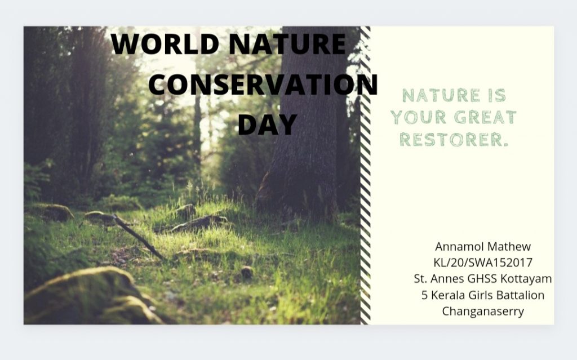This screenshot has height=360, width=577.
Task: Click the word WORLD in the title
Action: click(x=165, y=44)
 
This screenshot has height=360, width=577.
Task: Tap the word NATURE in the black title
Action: click(x=287, y=44)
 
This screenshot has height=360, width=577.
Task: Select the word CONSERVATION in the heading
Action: click(x=263, y=85)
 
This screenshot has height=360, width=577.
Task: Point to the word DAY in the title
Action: click(x=268, y=124)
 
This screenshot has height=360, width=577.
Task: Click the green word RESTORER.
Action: click(x=454, y=140)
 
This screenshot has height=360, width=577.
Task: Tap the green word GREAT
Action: click(x=485, y=117)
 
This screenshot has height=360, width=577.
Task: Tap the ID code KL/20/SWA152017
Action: click(x=483, y=263)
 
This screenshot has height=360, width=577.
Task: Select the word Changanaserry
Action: click(x=483, y=312)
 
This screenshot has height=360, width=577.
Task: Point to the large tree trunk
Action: click(x=309, y=122)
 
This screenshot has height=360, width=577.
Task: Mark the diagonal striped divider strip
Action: click(x=365, y=175)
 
